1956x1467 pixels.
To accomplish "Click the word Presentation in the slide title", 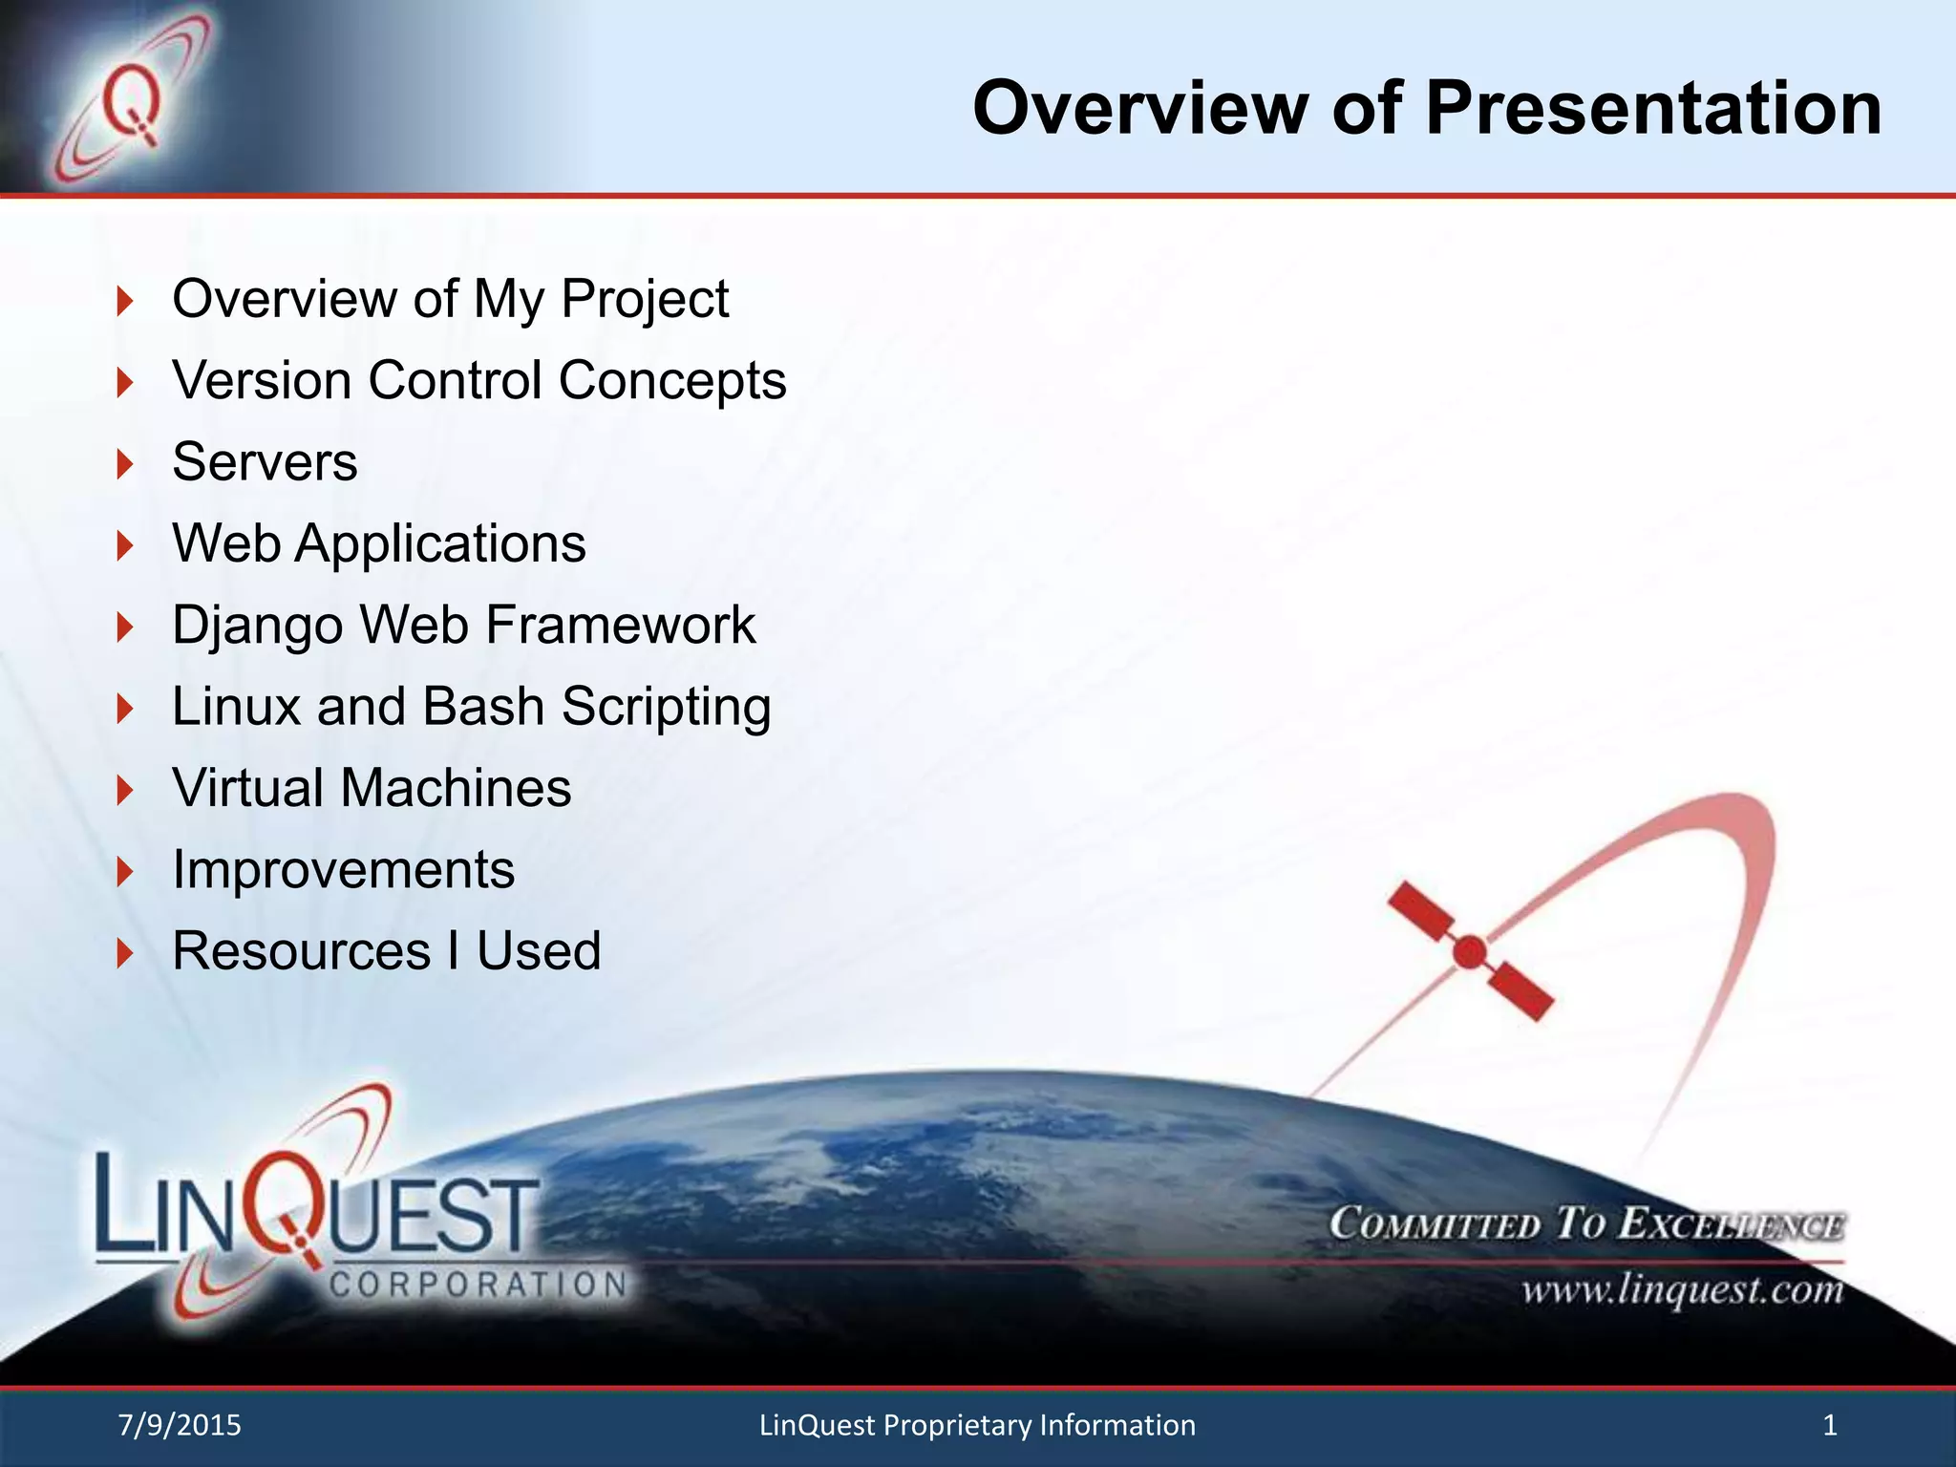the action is (x=1653, y=108).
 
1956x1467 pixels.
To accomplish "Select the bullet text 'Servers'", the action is (x=265, y=462).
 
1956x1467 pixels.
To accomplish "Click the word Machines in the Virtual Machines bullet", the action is (x=456, y=788).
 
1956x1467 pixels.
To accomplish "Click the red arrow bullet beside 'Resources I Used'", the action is (x=125, y=953).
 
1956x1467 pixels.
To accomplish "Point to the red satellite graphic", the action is (x=1470, y=951).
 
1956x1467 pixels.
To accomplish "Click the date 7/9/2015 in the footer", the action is (x=180, y=1425).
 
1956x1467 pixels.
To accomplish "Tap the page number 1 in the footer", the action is (x=1830, y=1425).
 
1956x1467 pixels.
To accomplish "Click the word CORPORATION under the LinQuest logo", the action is (x=478, y=1285).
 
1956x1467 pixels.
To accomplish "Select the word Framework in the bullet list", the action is (x=621, y=626).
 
